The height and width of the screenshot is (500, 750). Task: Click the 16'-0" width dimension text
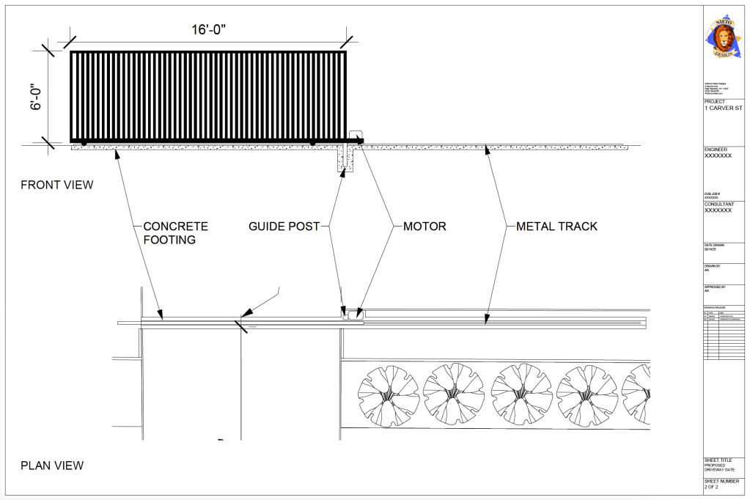click(x=208, y=29)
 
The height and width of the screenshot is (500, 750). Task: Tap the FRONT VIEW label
click(x=57, y=185)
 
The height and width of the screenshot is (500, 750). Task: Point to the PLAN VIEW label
click(x=52, y=465)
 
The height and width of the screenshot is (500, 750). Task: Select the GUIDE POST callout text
click(x=284, y=227)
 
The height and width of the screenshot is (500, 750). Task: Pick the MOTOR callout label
click(x=424, y=227)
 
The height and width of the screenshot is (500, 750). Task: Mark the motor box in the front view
click(x=356, y=136)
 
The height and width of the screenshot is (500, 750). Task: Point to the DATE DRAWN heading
click(x=716, y=246)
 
